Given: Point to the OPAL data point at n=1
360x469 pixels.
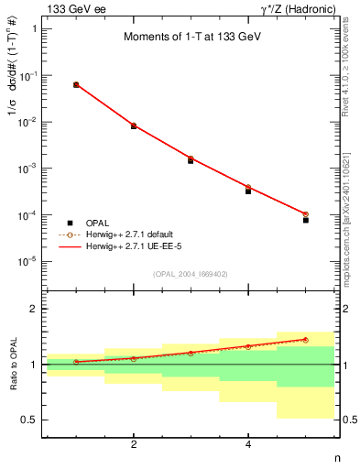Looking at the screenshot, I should [x=76, y=85].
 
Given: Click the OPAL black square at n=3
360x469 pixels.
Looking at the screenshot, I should [x=191, y=160].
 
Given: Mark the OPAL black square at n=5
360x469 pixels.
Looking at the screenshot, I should [x=306, y=221].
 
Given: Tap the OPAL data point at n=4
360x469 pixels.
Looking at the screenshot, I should [x=248, y=191].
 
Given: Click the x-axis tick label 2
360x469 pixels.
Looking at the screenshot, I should [x=134, y=444].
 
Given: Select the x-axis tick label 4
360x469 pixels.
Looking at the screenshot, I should [x=248, y=444].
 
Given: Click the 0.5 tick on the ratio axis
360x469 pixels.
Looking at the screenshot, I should [x=29, y=420].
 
